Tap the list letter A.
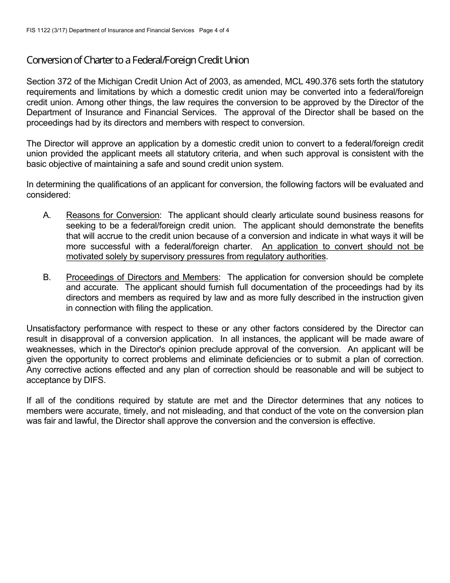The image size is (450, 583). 46,216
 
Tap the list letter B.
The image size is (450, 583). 46,277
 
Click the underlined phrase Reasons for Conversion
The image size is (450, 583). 113,216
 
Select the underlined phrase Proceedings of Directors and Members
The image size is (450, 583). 142,277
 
